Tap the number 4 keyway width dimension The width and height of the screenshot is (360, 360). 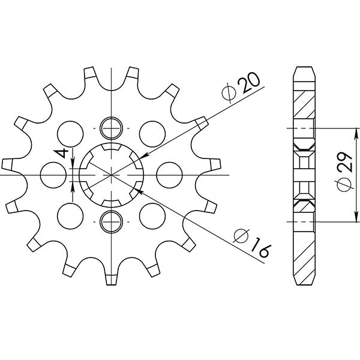(61, 154)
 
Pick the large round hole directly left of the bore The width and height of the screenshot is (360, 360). (53, 175)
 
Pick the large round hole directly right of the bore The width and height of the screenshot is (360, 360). (169, 175)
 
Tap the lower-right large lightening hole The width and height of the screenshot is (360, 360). (152, 216)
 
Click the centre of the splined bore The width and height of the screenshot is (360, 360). (112, 175)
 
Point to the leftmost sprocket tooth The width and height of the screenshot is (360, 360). (8, 163)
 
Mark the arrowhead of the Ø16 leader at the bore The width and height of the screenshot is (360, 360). (137, 190)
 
